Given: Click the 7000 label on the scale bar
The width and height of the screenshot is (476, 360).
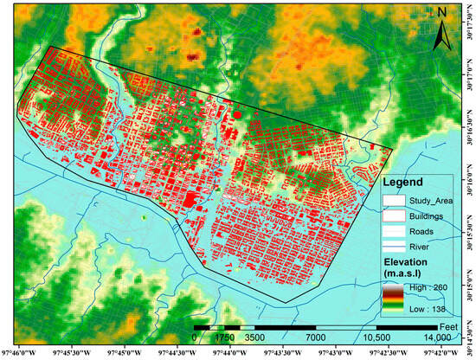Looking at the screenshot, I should click(x=316, y=337).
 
